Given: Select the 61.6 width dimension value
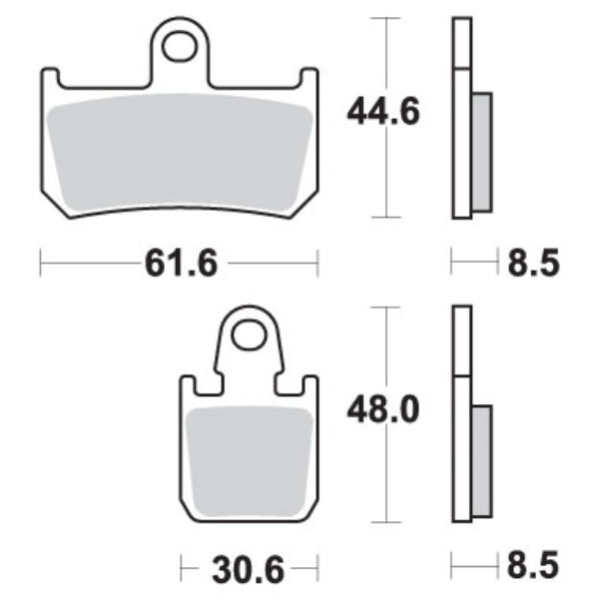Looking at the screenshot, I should pos(181,264).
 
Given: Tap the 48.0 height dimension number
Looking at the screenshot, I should pos(383,409).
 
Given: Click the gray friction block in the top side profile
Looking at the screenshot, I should pos(480,152).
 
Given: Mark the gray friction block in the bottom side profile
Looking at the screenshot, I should pos(480,462).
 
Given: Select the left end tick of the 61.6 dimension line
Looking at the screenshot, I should pos(39,264).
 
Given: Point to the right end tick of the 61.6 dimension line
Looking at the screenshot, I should pos(317,264).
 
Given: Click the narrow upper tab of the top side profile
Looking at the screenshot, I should pos(459,42).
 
